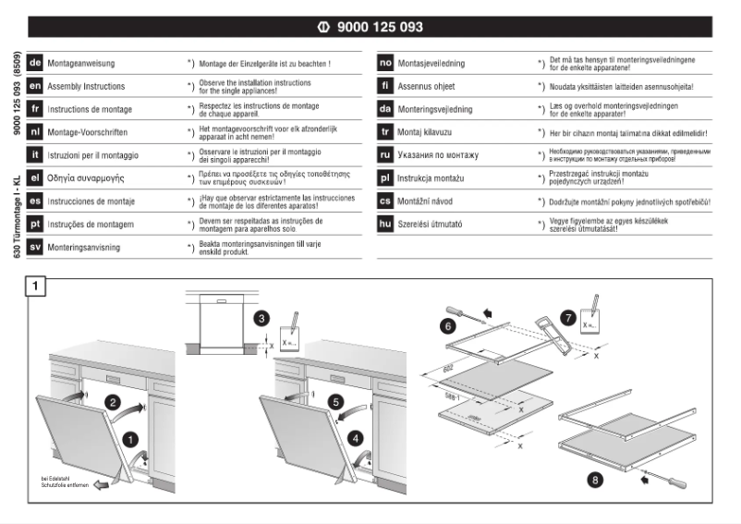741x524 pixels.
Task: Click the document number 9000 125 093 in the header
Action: (382, 28)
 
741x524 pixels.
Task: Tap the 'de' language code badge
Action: (35, 64)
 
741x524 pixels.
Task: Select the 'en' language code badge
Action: (35, 86)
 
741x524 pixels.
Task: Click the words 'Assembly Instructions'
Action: (88, 86)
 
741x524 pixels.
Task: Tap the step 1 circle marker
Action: (131, 439)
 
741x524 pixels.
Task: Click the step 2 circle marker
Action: (112, 402)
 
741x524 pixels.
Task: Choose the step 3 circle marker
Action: (261, 318)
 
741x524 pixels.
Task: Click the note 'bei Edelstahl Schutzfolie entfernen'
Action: (65, 481)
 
